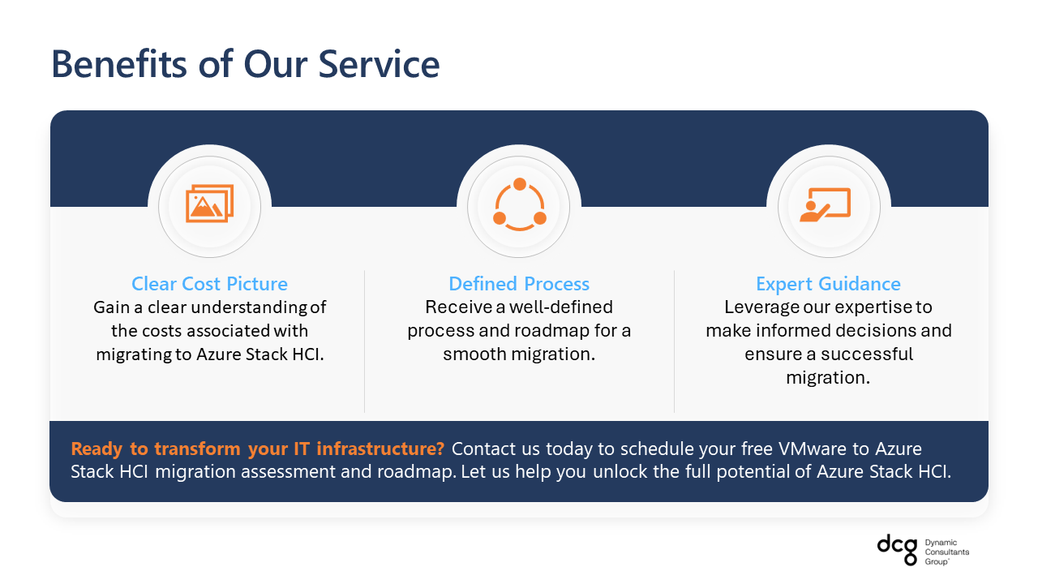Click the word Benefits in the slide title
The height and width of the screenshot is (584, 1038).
119,64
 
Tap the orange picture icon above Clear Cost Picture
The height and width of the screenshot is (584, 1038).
209,204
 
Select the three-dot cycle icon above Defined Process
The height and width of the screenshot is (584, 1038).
520,204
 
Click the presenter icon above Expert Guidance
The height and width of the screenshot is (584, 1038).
826,204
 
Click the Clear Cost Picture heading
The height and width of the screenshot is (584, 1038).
209,284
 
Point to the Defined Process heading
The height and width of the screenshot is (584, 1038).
519,284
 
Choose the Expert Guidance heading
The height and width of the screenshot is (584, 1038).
828,284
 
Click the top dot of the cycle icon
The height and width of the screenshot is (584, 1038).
520,184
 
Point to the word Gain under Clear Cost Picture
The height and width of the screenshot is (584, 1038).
111,307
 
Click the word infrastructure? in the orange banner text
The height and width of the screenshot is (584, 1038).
380,449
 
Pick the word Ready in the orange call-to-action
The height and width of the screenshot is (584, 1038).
97,449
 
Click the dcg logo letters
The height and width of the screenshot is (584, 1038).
898,549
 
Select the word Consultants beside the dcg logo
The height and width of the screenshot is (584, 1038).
946,552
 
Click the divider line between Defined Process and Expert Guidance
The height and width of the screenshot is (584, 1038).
674,341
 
